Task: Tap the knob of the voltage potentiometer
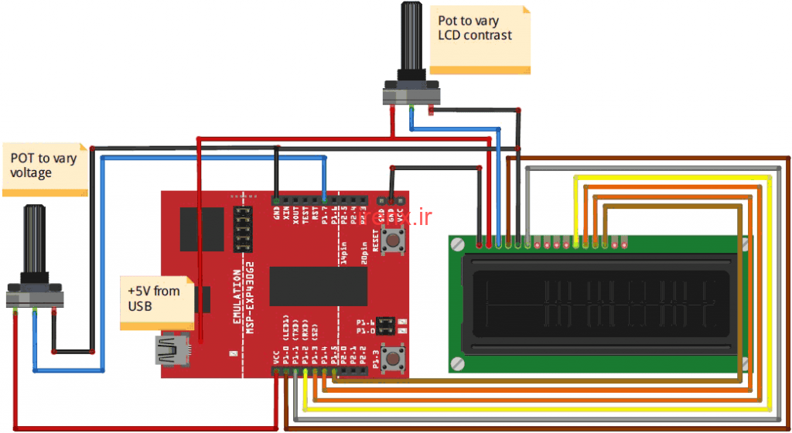coord(35,240)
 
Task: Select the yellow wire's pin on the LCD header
coord(576,245)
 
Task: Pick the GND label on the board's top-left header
coord(276,211)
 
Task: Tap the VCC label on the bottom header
coord(276,357)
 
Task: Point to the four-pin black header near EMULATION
coord(243,229)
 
